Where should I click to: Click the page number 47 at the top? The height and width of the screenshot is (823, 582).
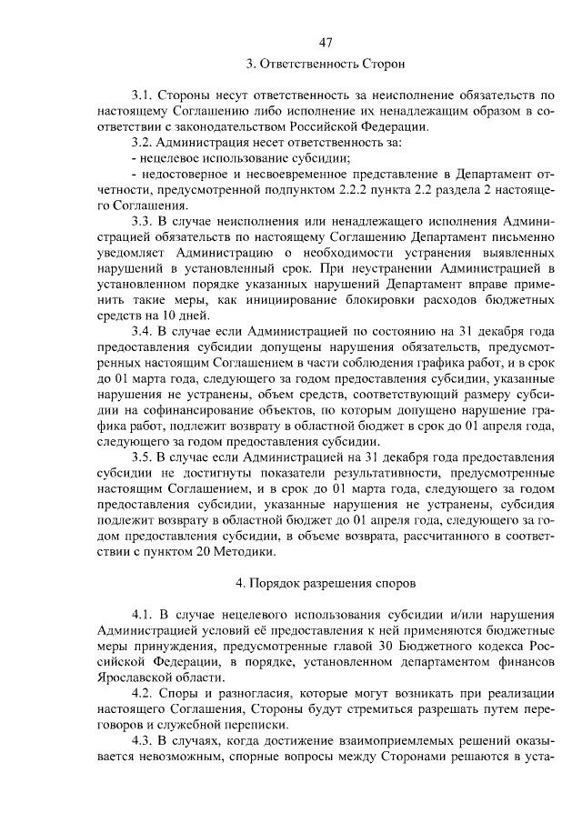[326, 44]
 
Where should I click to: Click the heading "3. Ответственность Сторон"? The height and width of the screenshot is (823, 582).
[325, 65]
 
